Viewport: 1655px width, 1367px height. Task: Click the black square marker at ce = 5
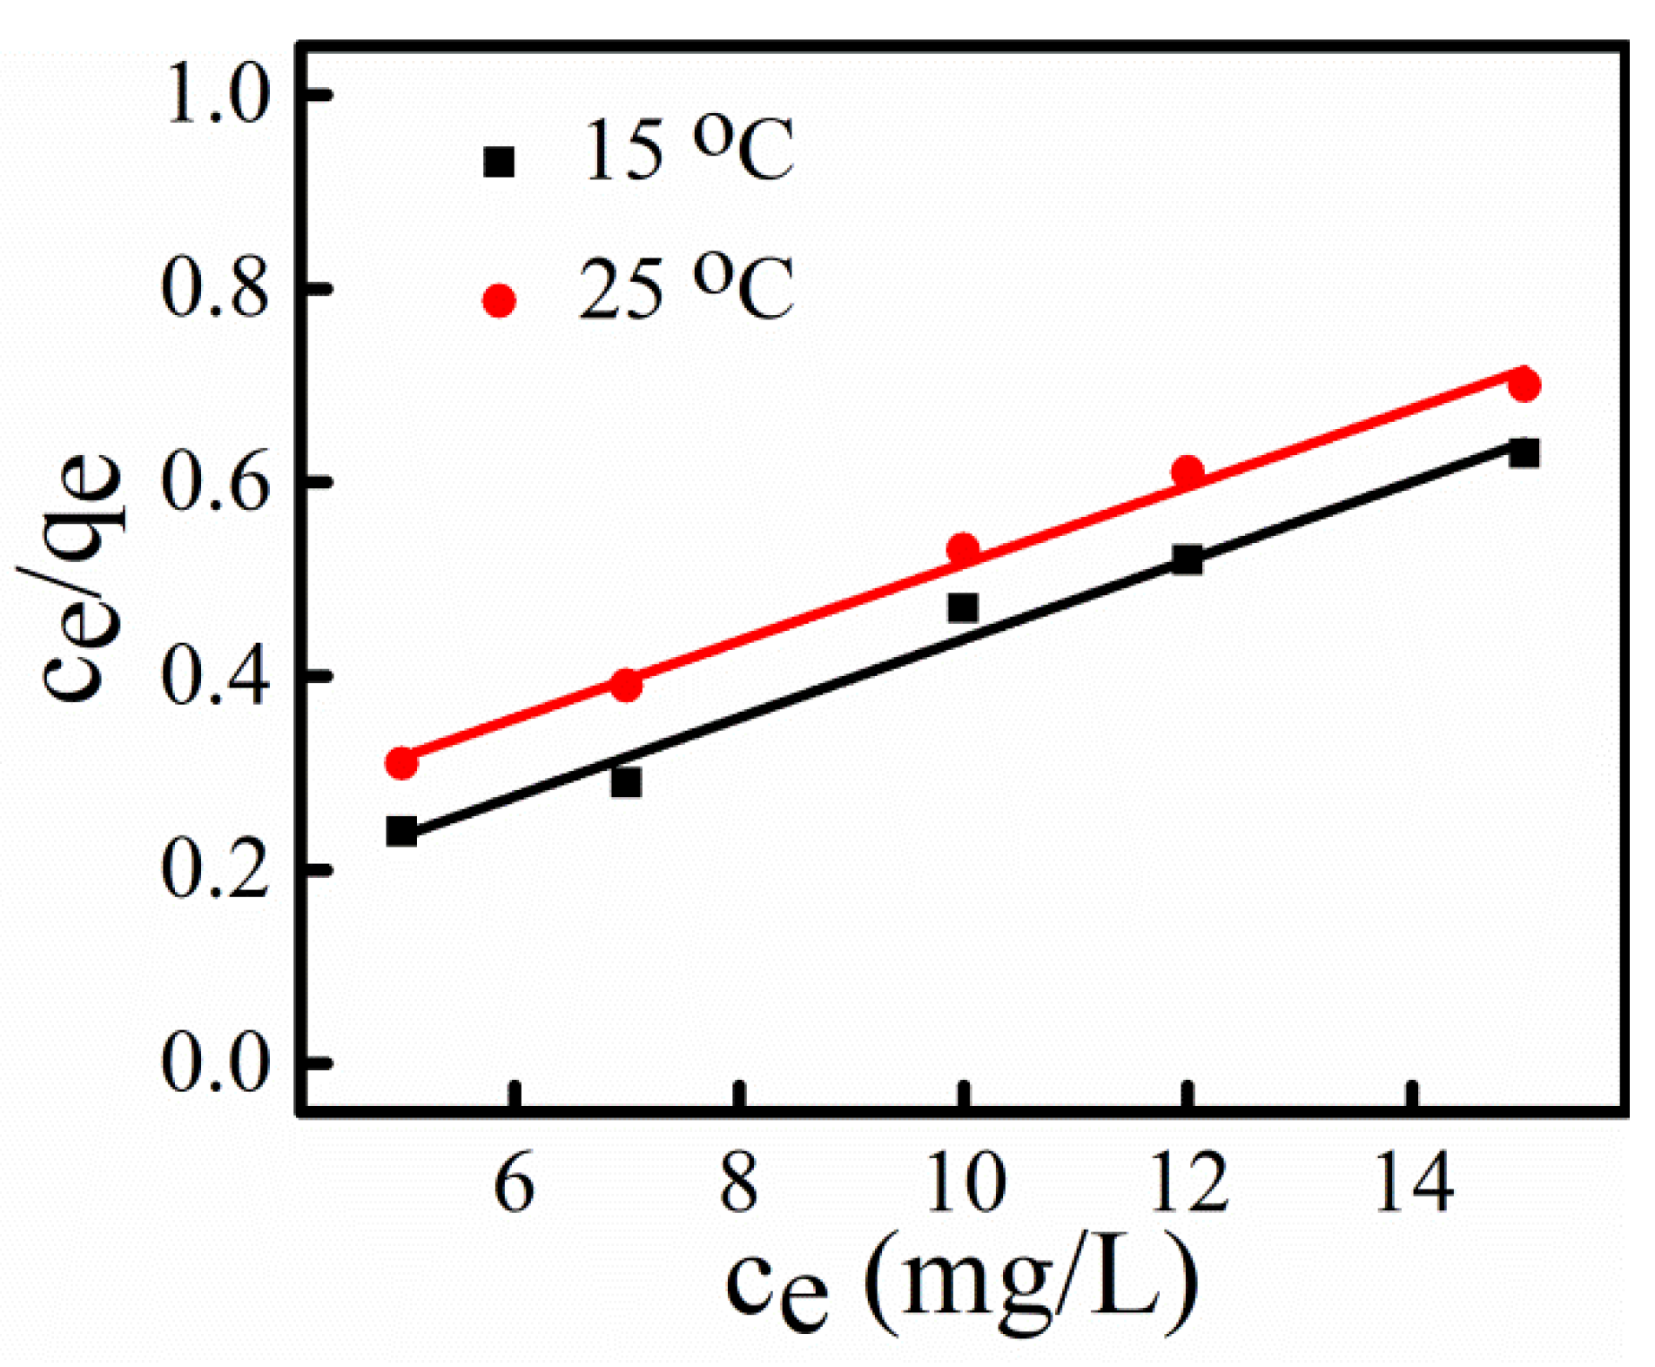(x=401, y=831)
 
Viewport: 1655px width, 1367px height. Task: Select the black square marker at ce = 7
(x=626, y=782)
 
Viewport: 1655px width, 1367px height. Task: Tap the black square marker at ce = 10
(x=962, y=607)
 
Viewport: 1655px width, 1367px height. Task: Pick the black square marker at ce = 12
(x=1187, y=559)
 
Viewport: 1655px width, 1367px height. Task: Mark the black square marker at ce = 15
(x=1524, y=452)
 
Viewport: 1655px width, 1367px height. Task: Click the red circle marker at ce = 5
(x=401, y=763)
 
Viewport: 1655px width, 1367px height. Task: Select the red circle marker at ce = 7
(x=626, y=685)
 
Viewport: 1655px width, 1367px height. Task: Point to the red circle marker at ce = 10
(x=962, y=548)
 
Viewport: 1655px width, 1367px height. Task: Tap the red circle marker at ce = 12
(x=1187, y=472)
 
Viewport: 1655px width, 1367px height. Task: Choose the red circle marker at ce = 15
(x=1524, y=384)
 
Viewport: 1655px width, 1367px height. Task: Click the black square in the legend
(x=499, y=162)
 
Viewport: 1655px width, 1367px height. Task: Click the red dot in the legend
(x=499, y=301)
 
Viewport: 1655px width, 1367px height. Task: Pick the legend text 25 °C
(x=686, y=290)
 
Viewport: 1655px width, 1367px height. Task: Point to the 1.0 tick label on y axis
(x=215, y=94)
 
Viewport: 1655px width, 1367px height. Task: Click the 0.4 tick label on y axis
(x=215, y=676)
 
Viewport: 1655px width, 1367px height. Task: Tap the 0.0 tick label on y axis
(x=215, y=1064)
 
